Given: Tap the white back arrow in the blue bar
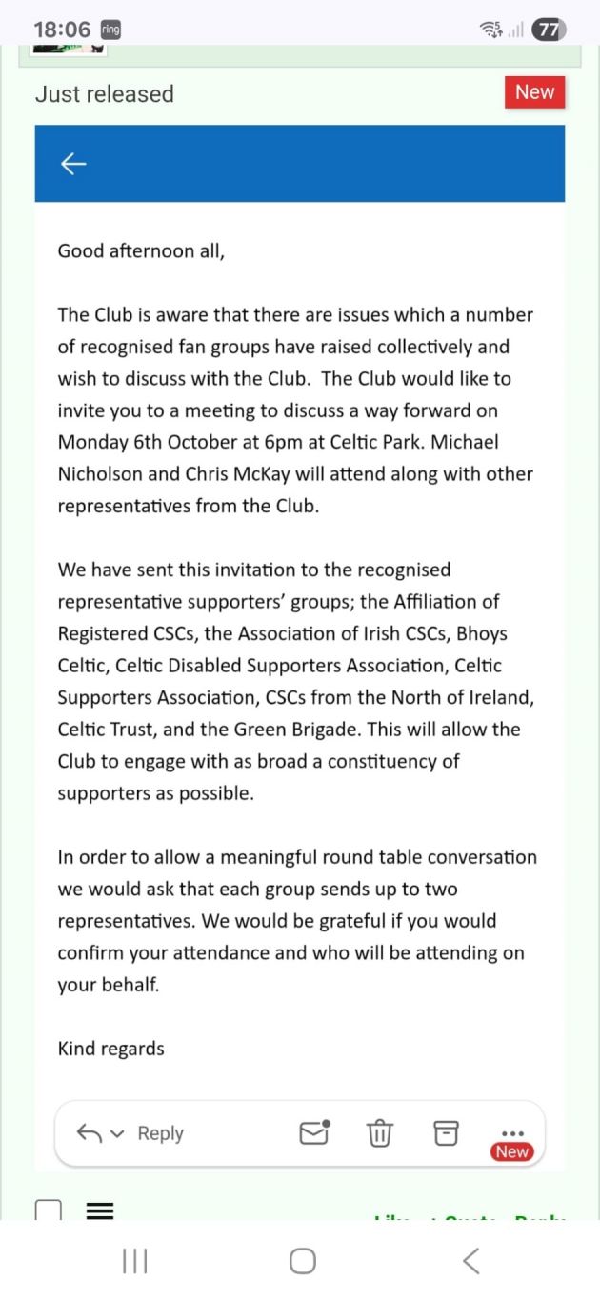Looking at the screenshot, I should coord(73,164).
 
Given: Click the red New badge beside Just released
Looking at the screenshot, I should coord(534,92).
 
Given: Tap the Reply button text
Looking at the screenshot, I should coord(160,1133).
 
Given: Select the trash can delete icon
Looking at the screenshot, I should coord(379,1133).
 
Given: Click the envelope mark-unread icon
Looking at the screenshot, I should coord(314,1131).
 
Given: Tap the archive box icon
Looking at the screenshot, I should coord(446,1132).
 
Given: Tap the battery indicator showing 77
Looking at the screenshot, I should coord(549,30).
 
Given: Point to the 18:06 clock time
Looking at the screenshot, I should coord(62,30).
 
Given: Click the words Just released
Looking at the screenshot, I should coord(105,94).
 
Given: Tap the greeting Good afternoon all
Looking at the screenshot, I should coord(141,251).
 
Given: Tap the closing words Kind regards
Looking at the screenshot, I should coord(110,1049).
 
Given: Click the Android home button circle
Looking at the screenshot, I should coord(302,1261).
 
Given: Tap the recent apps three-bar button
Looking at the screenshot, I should coord(134,1261).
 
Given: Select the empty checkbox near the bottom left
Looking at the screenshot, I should coord(48,1210).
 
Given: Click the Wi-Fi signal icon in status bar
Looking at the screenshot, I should coord(491,30).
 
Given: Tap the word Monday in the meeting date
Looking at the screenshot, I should coord(93,442).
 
